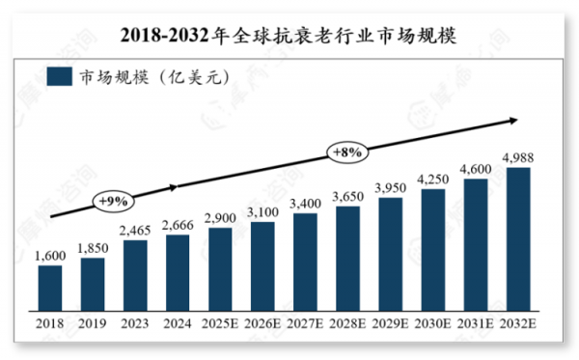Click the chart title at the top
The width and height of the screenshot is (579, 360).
[x=289, y=35]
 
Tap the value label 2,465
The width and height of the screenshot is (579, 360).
[x=135, y=230]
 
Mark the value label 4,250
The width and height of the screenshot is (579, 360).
[x=433, y=178]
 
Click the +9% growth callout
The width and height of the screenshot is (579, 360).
[x=114, y=200]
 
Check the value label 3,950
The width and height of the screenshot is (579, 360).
[x=391, y=186]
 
